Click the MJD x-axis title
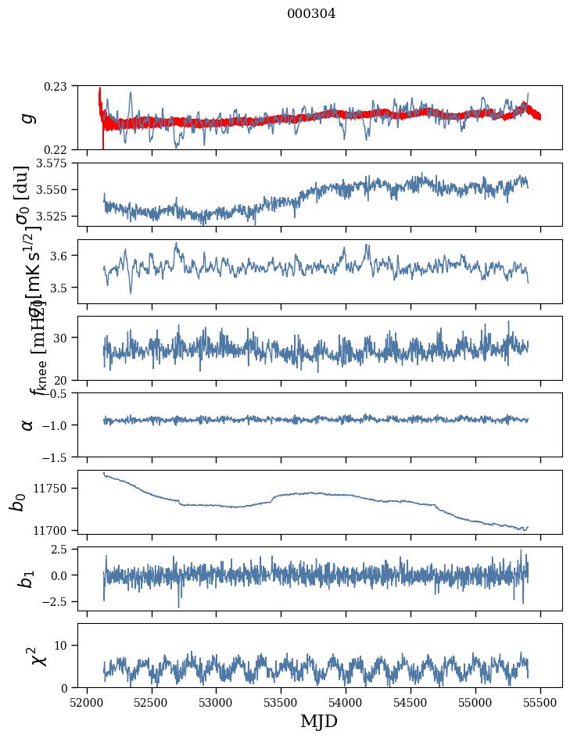pyautogui.click(x=319, y=722)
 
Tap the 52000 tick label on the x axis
pyautogui.click(x=87, y=701)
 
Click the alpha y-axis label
pyautogui.click(x=27, y=425)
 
